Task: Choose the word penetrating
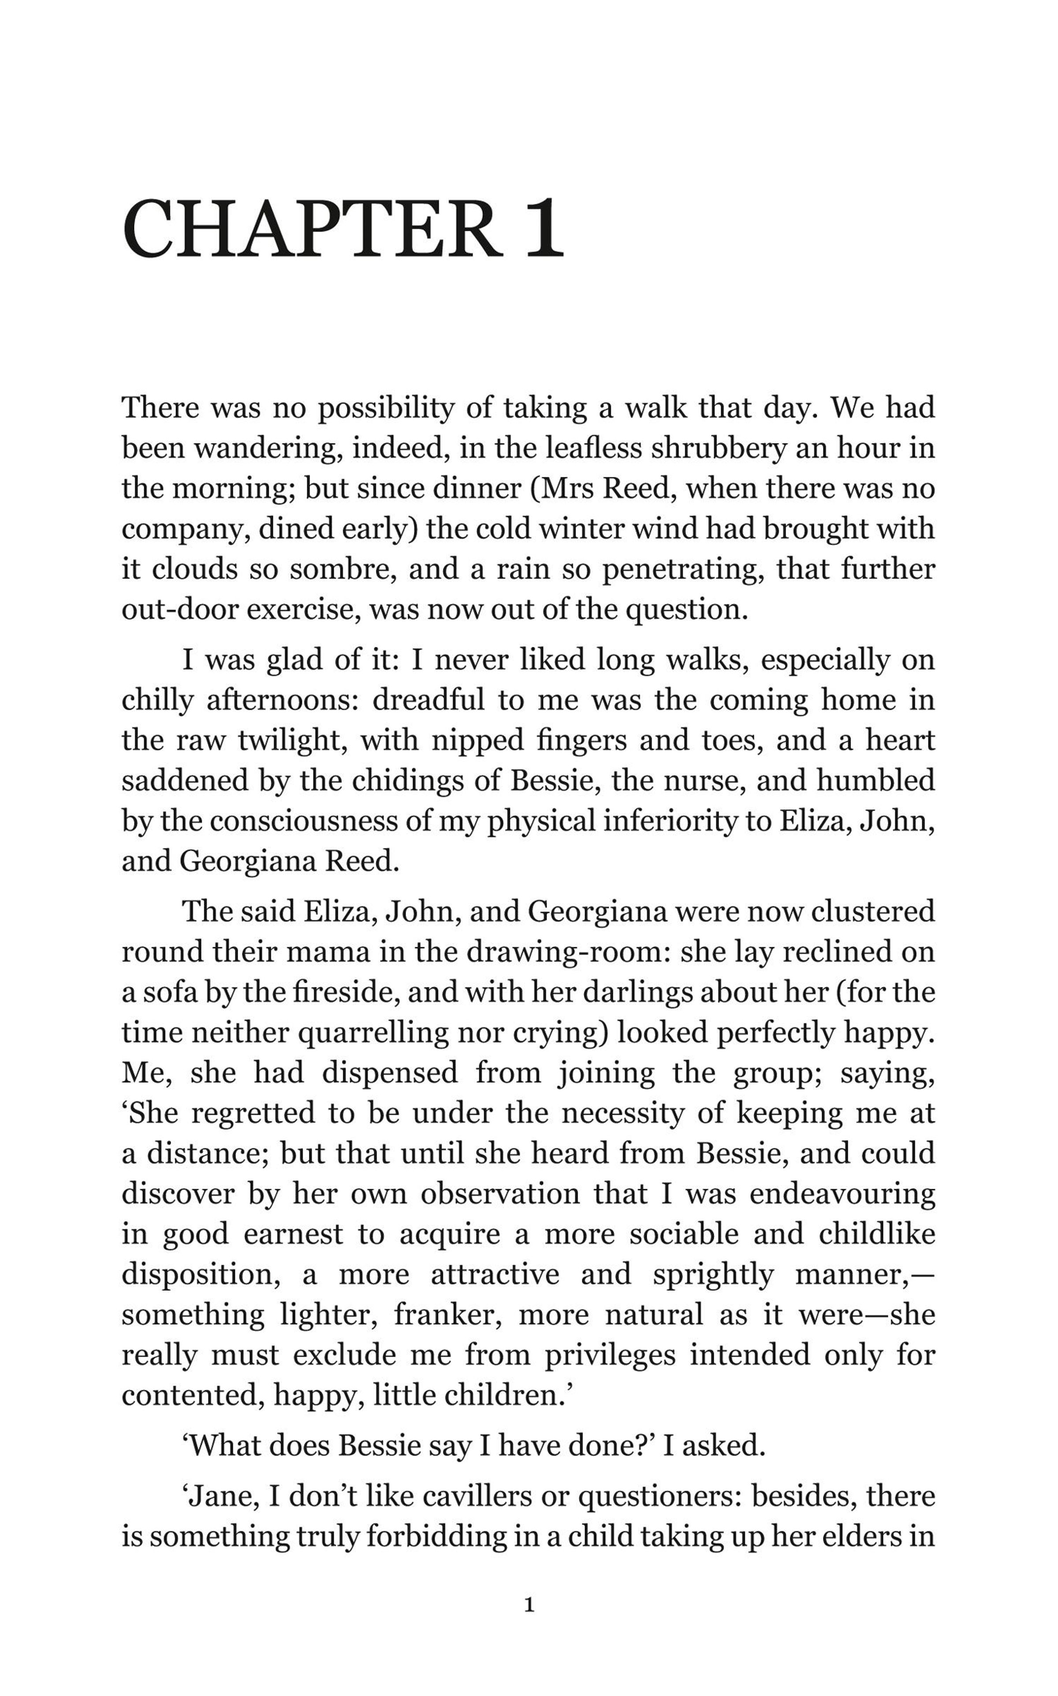pyautogui.click(x=682, y=569)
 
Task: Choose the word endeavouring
pyautogui.click(x=842, y=1194)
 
